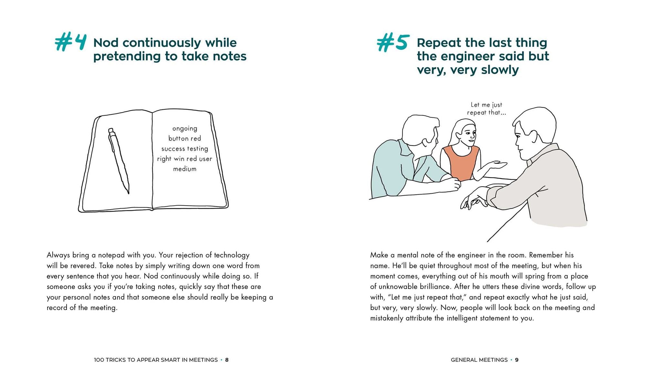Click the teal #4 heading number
tap(70, 42)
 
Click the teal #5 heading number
tap(393, 43)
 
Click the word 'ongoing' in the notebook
tap(185, 129)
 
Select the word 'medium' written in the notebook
tap(185, 169)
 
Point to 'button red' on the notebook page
tap(185, 139)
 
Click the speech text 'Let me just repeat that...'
tap(486, 109)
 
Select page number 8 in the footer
tap(227, 360)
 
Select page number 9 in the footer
tap(517, 360)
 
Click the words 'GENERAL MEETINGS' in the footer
tap(479, 360)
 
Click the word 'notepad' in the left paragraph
tap(111, 255)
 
